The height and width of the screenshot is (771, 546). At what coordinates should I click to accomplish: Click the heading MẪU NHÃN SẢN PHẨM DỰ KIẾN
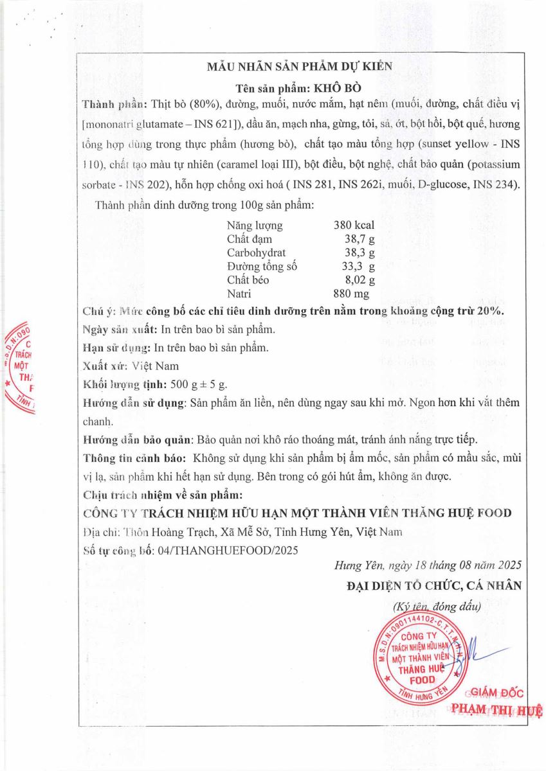pos(300,66)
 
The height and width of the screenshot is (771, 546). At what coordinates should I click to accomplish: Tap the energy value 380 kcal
pos(354,226)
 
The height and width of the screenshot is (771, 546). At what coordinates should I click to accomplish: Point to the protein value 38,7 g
pos(359,239)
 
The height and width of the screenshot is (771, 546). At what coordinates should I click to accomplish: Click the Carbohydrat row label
pos(256,253)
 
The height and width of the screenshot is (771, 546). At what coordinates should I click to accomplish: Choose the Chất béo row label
pos(248,279)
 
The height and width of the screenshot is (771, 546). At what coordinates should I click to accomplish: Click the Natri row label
pos(239,294)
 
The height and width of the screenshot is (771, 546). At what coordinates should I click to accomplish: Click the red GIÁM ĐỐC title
pos(497,693)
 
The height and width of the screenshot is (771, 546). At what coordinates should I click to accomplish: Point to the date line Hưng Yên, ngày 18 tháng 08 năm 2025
pos(428,566)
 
